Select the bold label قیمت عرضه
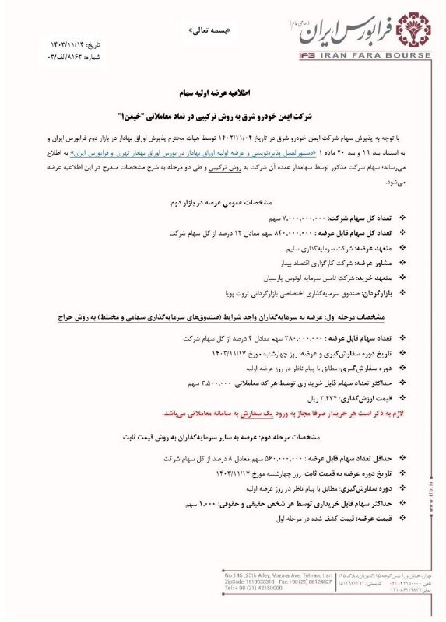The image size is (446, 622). [379, 516]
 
